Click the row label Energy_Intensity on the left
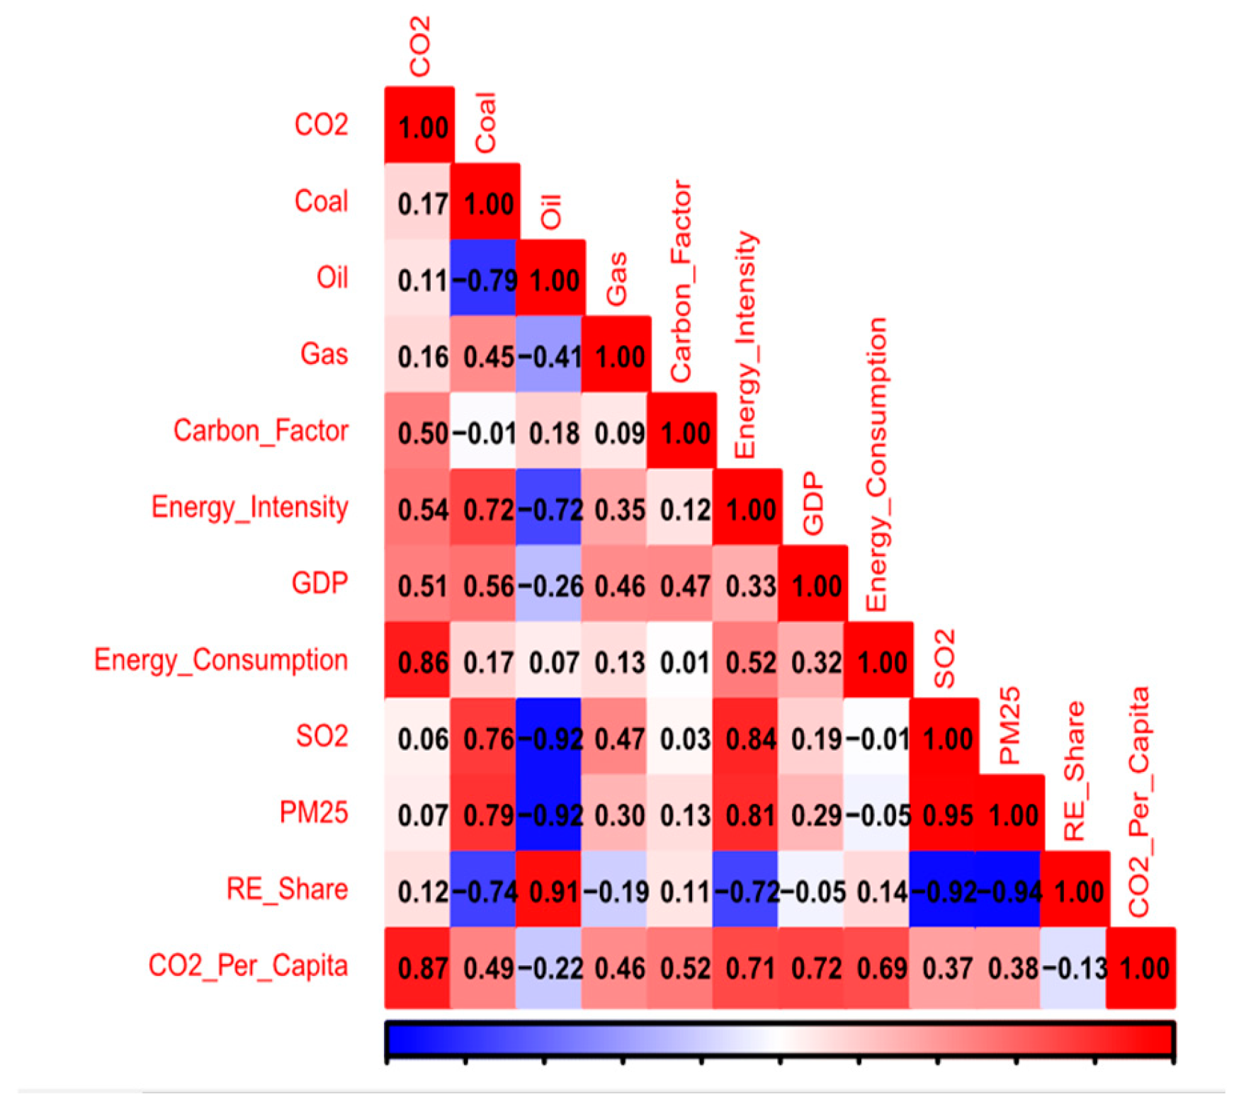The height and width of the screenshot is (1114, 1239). pos(249,507)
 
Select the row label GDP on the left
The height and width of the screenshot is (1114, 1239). pos(319,584)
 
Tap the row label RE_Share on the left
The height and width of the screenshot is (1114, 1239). pos(287,889)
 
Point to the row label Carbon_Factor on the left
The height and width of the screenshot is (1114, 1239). pos(261,431)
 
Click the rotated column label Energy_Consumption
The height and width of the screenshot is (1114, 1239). pos(877,464)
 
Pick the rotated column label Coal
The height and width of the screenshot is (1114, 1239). pos(485,123)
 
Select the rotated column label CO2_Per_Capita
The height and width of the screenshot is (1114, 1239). pos(1139,802)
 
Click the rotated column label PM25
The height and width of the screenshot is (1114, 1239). pos(1009,725)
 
